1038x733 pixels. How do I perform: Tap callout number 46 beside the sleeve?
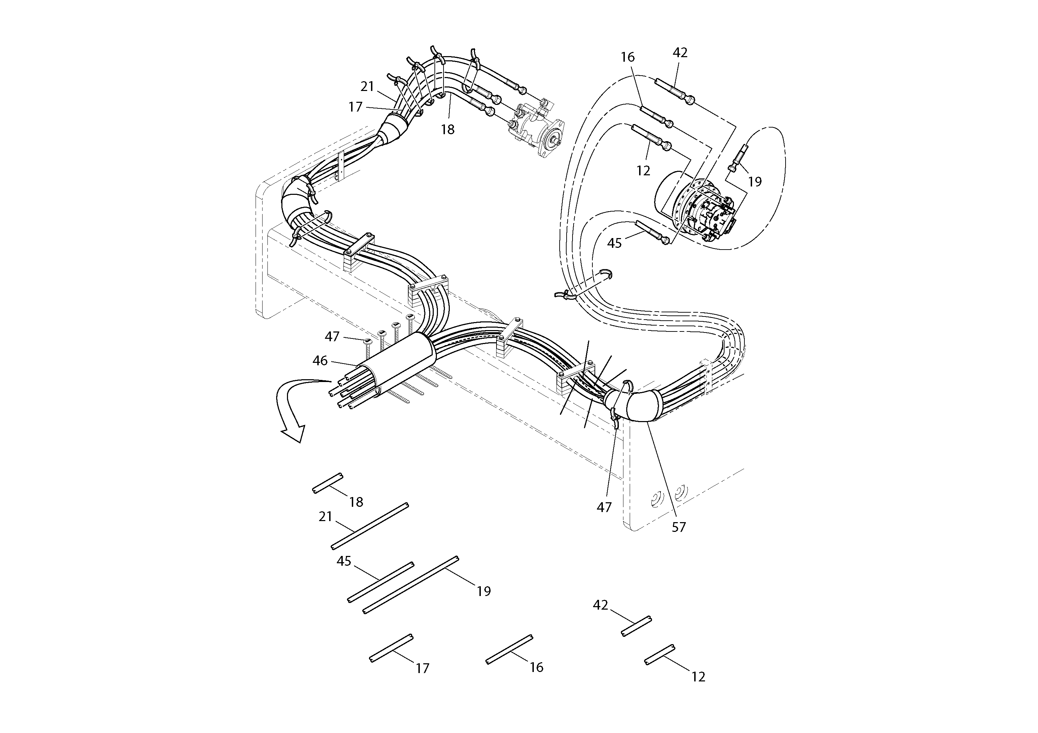pyautogui.click(x=320, y=361)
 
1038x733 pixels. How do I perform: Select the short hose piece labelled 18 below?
pyautogui.click(x=328, y=483)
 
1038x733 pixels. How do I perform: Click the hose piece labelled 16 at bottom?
pyautogui.click(x=509, y=649)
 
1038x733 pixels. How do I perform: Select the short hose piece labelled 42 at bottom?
pyautogui.click(x=636, y=626)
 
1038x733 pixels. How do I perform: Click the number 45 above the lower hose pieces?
pyautogui.click(x=344, y=561)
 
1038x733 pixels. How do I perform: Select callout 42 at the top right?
pyautogui.click(x=680, y=53)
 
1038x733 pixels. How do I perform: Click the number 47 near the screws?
pyautogui.click(x=332, y=337)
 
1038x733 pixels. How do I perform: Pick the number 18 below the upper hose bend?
pyautogui.click(x=448, y=130)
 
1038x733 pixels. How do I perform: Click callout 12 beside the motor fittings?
pyautogui.click(x=643, y=171)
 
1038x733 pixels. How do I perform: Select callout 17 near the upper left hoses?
pyautogui.click(x=356, y=107)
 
